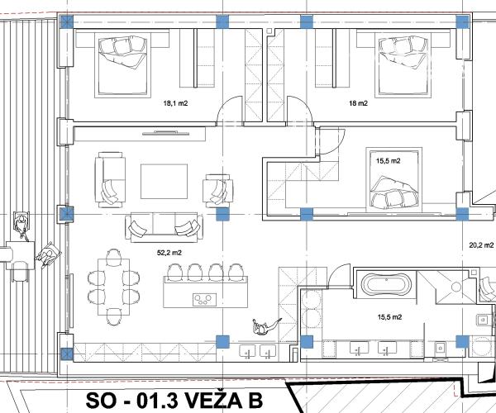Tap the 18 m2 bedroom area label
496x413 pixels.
click(358, 104)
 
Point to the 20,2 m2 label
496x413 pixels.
click(480, 244)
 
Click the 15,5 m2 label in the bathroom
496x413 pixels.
click(389, 316)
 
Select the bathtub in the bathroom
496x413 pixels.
click(385, 287)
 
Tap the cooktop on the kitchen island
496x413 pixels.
click(203, 297)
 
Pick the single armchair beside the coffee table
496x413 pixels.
click(217, 189)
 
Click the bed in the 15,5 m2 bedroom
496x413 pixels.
click(393, 185)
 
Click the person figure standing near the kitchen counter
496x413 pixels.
click(263, 327)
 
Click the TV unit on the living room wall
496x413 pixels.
click(175, 131)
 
